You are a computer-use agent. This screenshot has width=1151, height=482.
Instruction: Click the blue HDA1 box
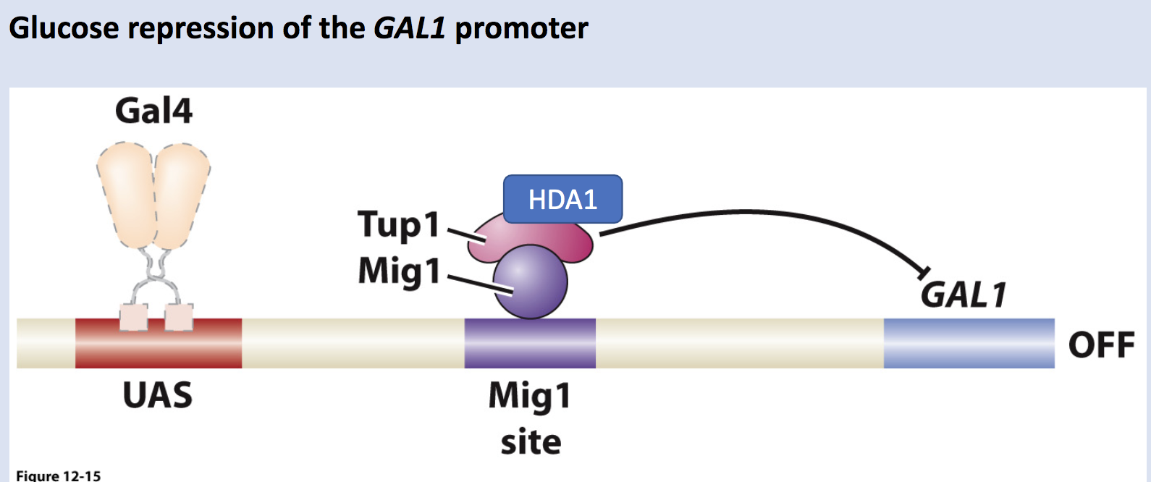click(562, 199)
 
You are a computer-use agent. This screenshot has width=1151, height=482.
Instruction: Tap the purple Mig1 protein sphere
click(531, 282)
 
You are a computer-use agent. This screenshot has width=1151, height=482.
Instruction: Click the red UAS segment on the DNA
click(158, 343)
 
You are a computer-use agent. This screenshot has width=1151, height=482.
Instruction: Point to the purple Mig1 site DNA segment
click(530, 343)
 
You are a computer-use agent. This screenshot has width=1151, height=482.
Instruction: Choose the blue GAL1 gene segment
click(969, 343)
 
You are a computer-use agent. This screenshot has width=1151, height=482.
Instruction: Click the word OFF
click(1101, 344)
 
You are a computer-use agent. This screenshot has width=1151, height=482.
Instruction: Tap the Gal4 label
click(153, 111)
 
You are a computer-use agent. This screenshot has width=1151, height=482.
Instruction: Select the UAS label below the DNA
click(157, 395)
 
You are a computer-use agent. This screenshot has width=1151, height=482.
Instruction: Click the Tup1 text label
click(399, 225)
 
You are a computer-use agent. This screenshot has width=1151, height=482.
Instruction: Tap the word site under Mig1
click(531, 441)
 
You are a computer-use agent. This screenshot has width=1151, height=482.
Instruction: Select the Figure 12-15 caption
click(59, 475)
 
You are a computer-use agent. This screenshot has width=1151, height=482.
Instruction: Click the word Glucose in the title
click(64, 29)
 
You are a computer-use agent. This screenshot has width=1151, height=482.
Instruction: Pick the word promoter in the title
click(521, 29)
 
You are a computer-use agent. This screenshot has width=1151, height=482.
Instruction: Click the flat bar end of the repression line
click(923, 274)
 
